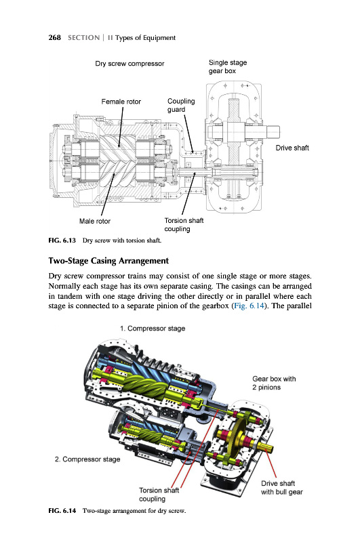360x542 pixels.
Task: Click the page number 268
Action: pyautogui.click(x=55, y=38)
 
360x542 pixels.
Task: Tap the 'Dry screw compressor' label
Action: pyautogui.click(x=129, y=64)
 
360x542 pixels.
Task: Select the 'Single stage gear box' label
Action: pyautogui.click(x=228, y=66)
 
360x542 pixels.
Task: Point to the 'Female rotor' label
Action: pyautogui.click(x=121, y=102)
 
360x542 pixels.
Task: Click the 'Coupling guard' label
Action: pyautogui.click(x=181, y=106)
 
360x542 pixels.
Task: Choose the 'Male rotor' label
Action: pyautogui.click(x=95, y=222)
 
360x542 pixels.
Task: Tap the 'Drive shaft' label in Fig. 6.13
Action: pyautogui.click(x=292, y=148)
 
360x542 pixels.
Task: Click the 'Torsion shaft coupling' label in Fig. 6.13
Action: pyautogui.click(x=184, y=225)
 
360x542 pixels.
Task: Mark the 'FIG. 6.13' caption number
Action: pyautogui.click(x=62, y=241)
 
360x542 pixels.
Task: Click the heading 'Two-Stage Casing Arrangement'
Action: pyautogui.click(x=108, y=261)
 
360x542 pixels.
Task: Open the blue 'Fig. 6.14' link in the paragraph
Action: pyautogui.click(x=249, y=306)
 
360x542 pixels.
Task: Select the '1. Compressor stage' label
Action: pyautogui.click(x=153, y=329)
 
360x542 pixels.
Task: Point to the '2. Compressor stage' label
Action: pyautogui.click(x=87, y=459)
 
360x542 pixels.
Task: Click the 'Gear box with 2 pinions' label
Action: pyautogui.click(x=274, y=383)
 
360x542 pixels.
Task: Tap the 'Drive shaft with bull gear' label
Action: pyautogui.click(x=282, y=488)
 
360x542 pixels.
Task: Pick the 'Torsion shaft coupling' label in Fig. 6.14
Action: pyautogui.click(x=159, y=495)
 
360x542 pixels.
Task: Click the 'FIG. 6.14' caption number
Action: pyautogui.click(x=62, y=511)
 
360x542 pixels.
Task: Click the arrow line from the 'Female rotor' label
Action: pyautogui.click(x=121, y=127)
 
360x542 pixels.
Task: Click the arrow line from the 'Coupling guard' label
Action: pyautogui.click(x=189, y=133)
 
